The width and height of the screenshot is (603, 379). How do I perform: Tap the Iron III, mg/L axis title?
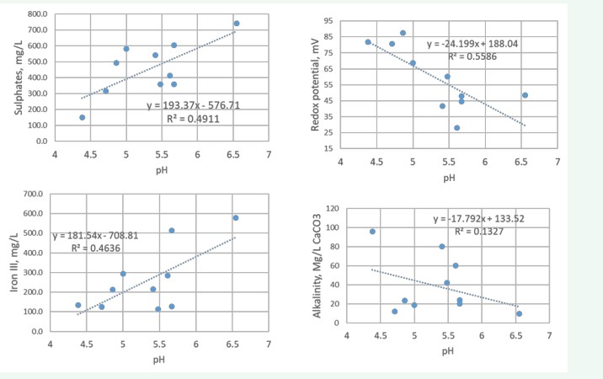pos(13,264)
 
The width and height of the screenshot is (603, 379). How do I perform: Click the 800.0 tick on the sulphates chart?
pos(34,15)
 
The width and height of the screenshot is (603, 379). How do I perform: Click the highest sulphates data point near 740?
pos(237,24)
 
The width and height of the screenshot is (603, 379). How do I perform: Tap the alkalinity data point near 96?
pos(372,231)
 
